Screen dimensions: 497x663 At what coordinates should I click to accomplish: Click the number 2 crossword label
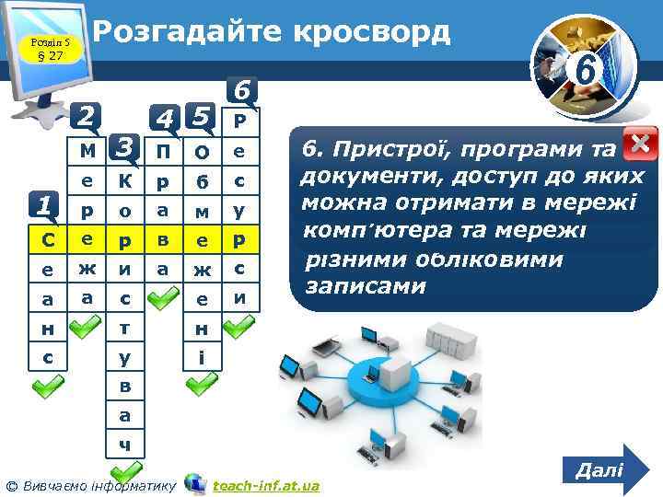pyautogui.click(x=87, y=117)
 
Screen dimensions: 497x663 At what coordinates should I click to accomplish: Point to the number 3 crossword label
pyautogui.click(x=125, y=146)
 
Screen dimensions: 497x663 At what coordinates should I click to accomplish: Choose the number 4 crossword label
pyautogui.click(x=165, y=119)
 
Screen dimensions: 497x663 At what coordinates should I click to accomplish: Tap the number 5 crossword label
pyautogui.click(x=202, y=117)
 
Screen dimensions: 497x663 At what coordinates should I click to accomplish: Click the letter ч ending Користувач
pyautogui.click(x=125, y=445)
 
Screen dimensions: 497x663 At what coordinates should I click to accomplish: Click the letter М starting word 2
pyautogui.click(x=87, y=150)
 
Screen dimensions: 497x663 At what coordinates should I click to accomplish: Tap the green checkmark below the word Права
pyautogui.click(x=164, y=296)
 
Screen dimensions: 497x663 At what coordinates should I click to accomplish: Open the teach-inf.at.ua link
pyautogui.click(x=266, y=485)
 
